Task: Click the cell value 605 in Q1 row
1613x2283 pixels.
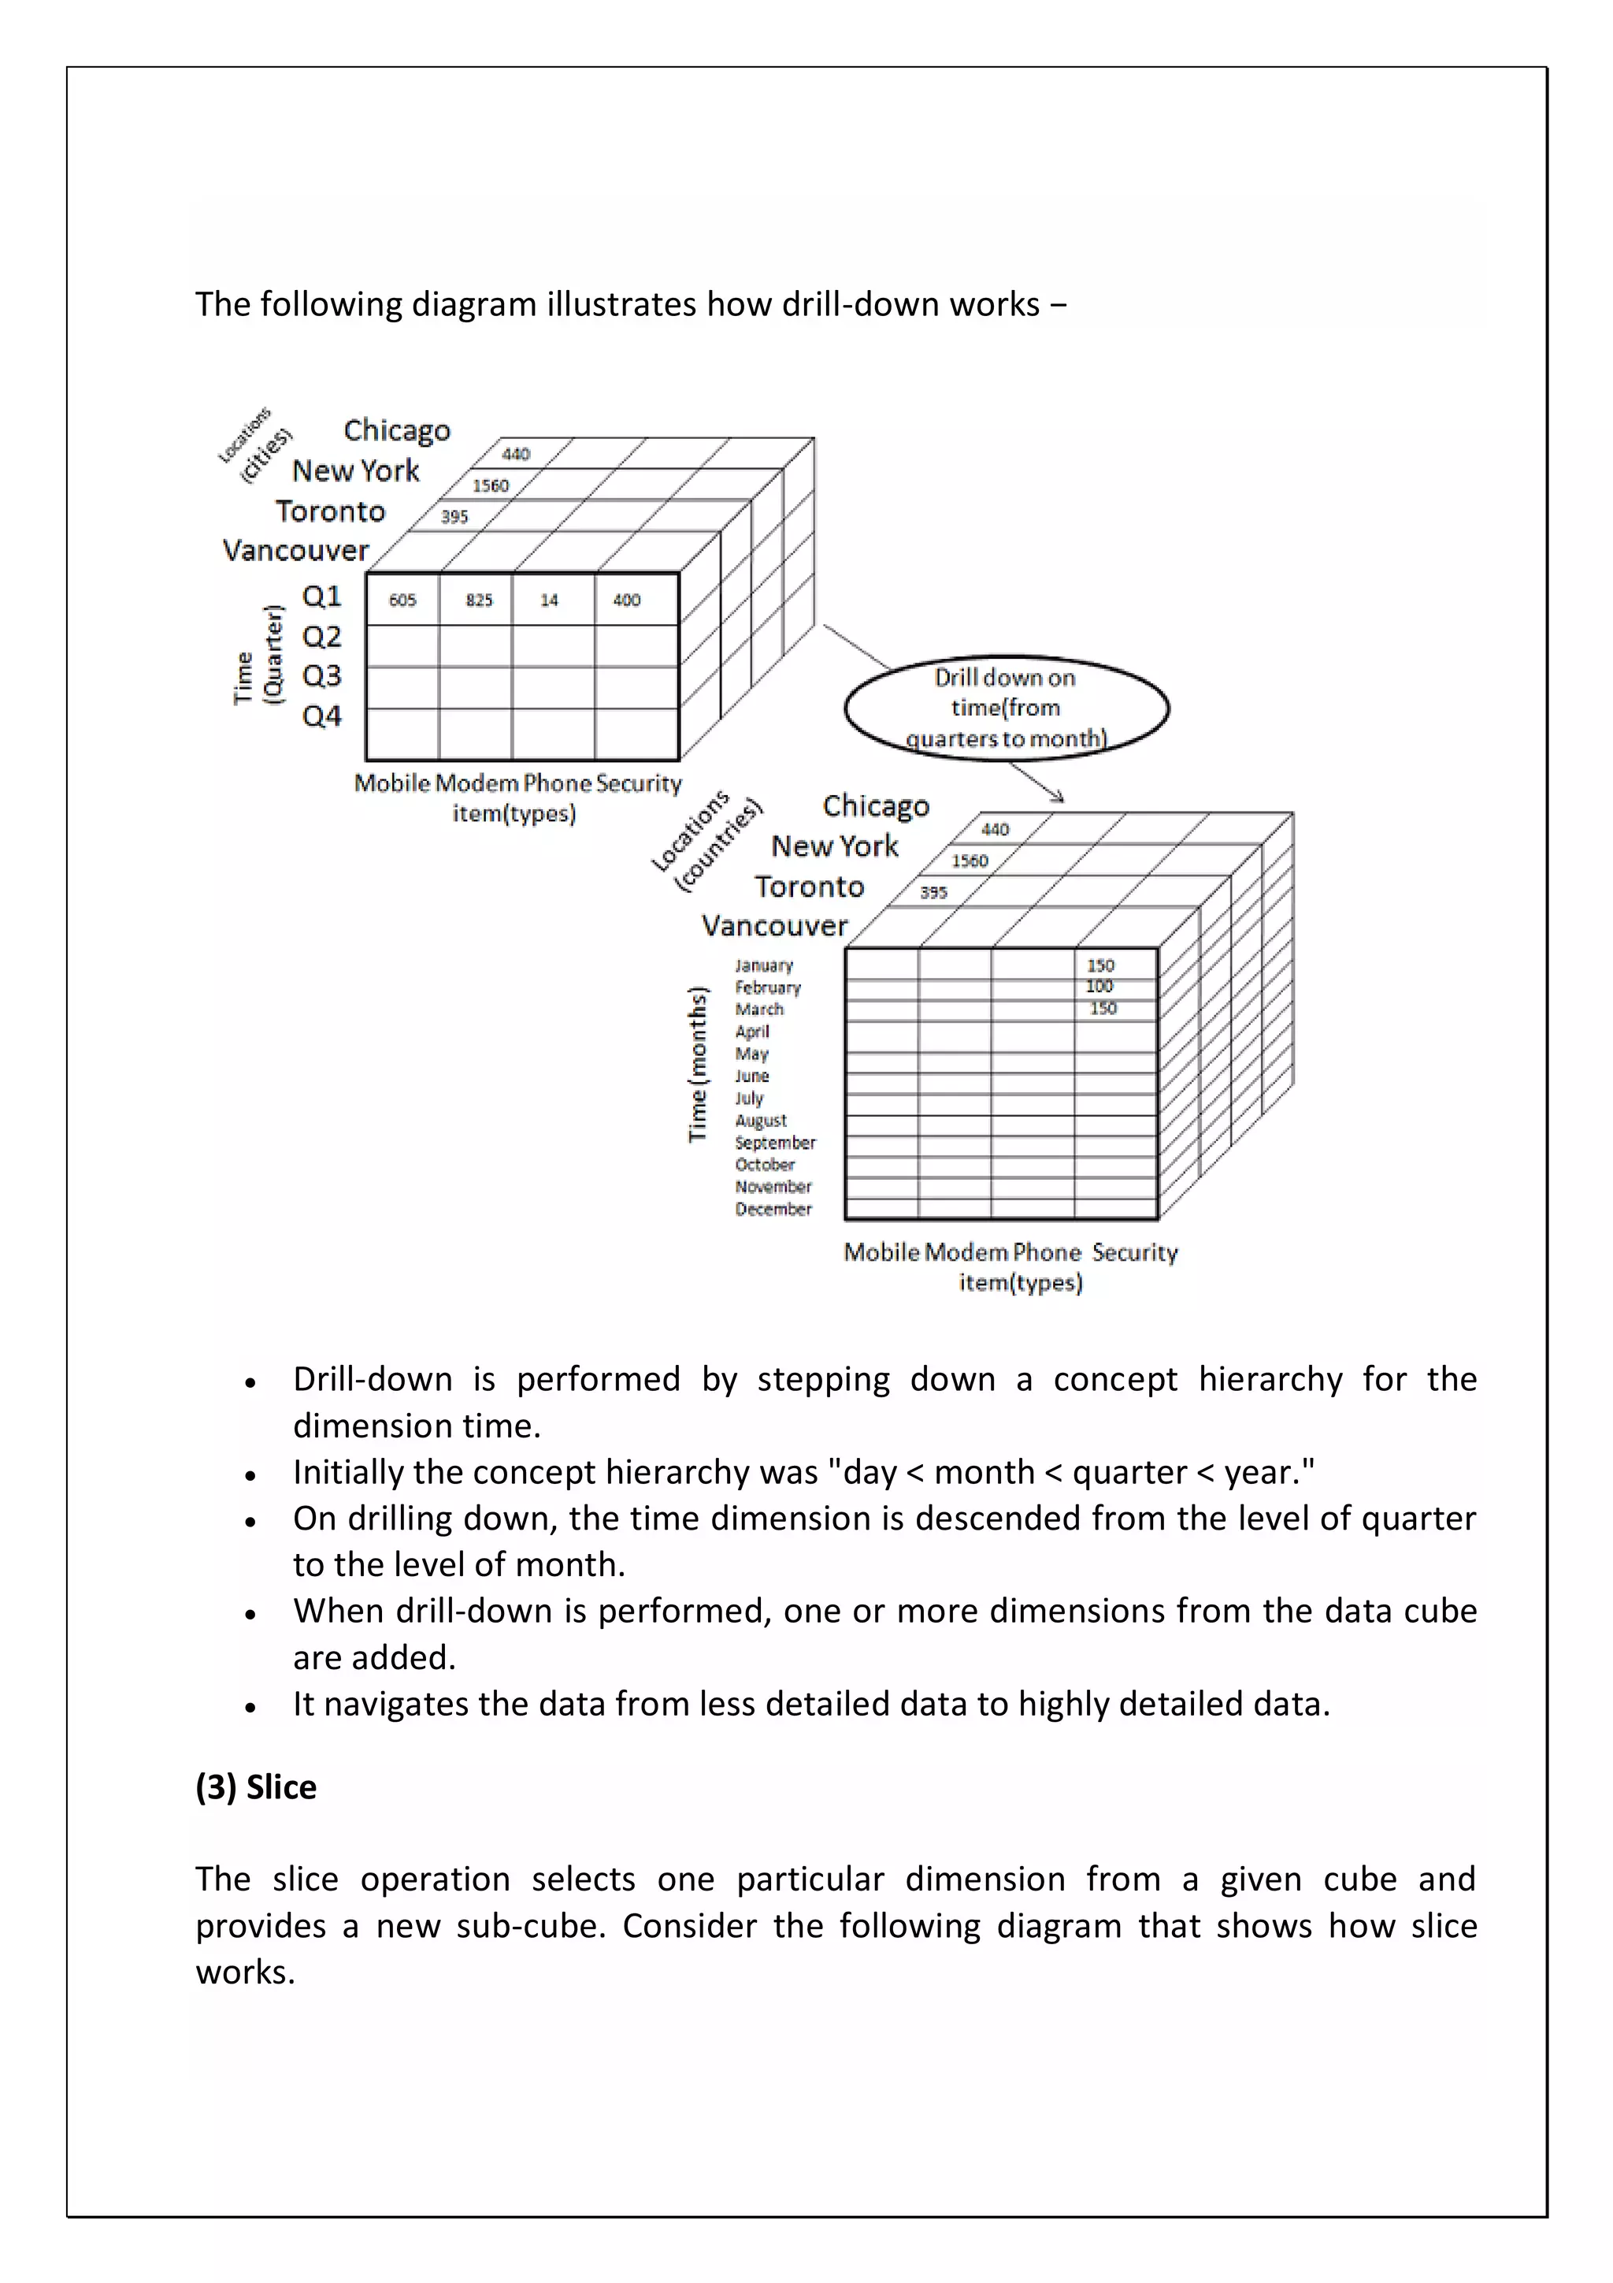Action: (x=402, y=600)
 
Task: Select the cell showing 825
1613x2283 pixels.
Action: (x=479, y=600)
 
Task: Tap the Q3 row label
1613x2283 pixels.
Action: (x=321, y=676)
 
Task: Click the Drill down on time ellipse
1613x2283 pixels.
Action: (x=1006, y=707)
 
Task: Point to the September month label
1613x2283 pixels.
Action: (x=775, y=1143)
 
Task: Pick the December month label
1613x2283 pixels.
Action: (x=773, y=1209)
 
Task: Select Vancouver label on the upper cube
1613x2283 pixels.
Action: (x=295, y=551)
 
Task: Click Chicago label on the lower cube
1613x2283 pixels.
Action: (x=876, y=805)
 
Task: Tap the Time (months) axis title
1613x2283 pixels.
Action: (x=699, y=1064)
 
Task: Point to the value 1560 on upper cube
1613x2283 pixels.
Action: (x=490, y=485)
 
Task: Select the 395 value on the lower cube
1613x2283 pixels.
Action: (x=933, y=892)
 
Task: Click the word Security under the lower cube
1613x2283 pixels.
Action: (x=1134, y=1252)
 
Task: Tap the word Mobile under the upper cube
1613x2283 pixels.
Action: (x=391, y=783)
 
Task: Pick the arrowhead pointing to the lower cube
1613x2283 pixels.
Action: (x=1059, y=797)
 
